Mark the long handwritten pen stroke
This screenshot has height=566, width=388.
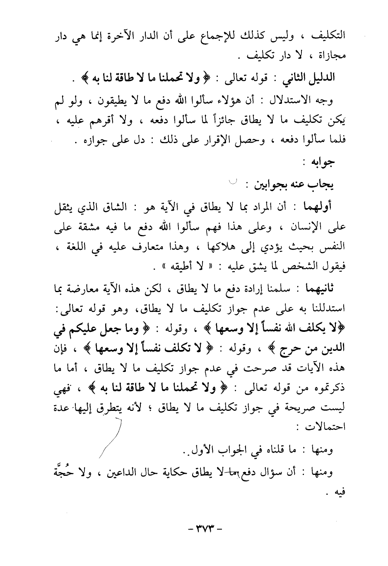click(111, 439)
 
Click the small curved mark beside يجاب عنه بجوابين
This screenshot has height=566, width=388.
click(234, 181)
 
